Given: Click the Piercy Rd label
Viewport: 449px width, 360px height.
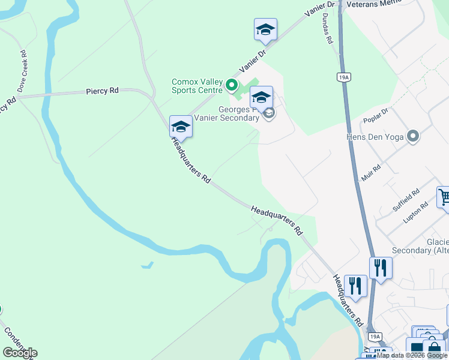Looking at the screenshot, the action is click(x=102, y=91).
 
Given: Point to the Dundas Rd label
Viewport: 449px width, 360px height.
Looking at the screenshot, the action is click(x=327, y=29).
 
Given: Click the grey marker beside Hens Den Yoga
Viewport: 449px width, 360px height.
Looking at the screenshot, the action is click(x=412, y=137).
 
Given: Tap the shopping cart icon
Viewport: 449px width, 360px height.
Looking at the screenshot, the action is click(x=444, y=197).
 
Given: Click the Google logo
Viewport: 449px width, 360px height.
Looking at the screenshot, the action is click(x=20, y=353).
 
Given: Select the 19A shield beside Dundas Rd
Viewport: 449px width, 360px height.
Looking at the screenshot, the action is click(x=343, y=77).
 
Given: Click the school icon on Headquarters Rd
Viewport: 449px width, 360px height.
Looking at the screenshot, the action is click(x=181, y=126).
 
